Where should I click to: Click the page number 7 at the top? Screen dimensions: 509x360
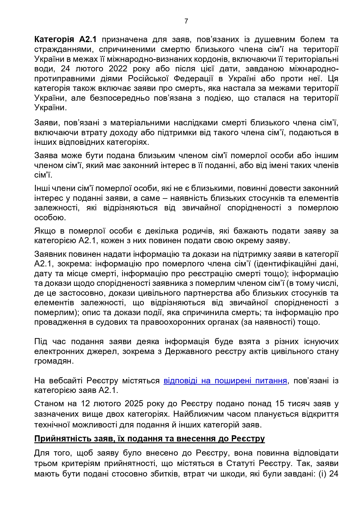[186, 21]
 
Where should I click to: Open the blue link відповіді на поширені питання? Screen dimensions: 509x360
[225, 380]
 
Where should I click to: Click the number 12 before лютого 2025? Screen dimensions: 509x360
[86, 404]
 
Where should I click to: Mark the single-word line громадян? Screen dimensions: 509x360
[54, 361]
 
